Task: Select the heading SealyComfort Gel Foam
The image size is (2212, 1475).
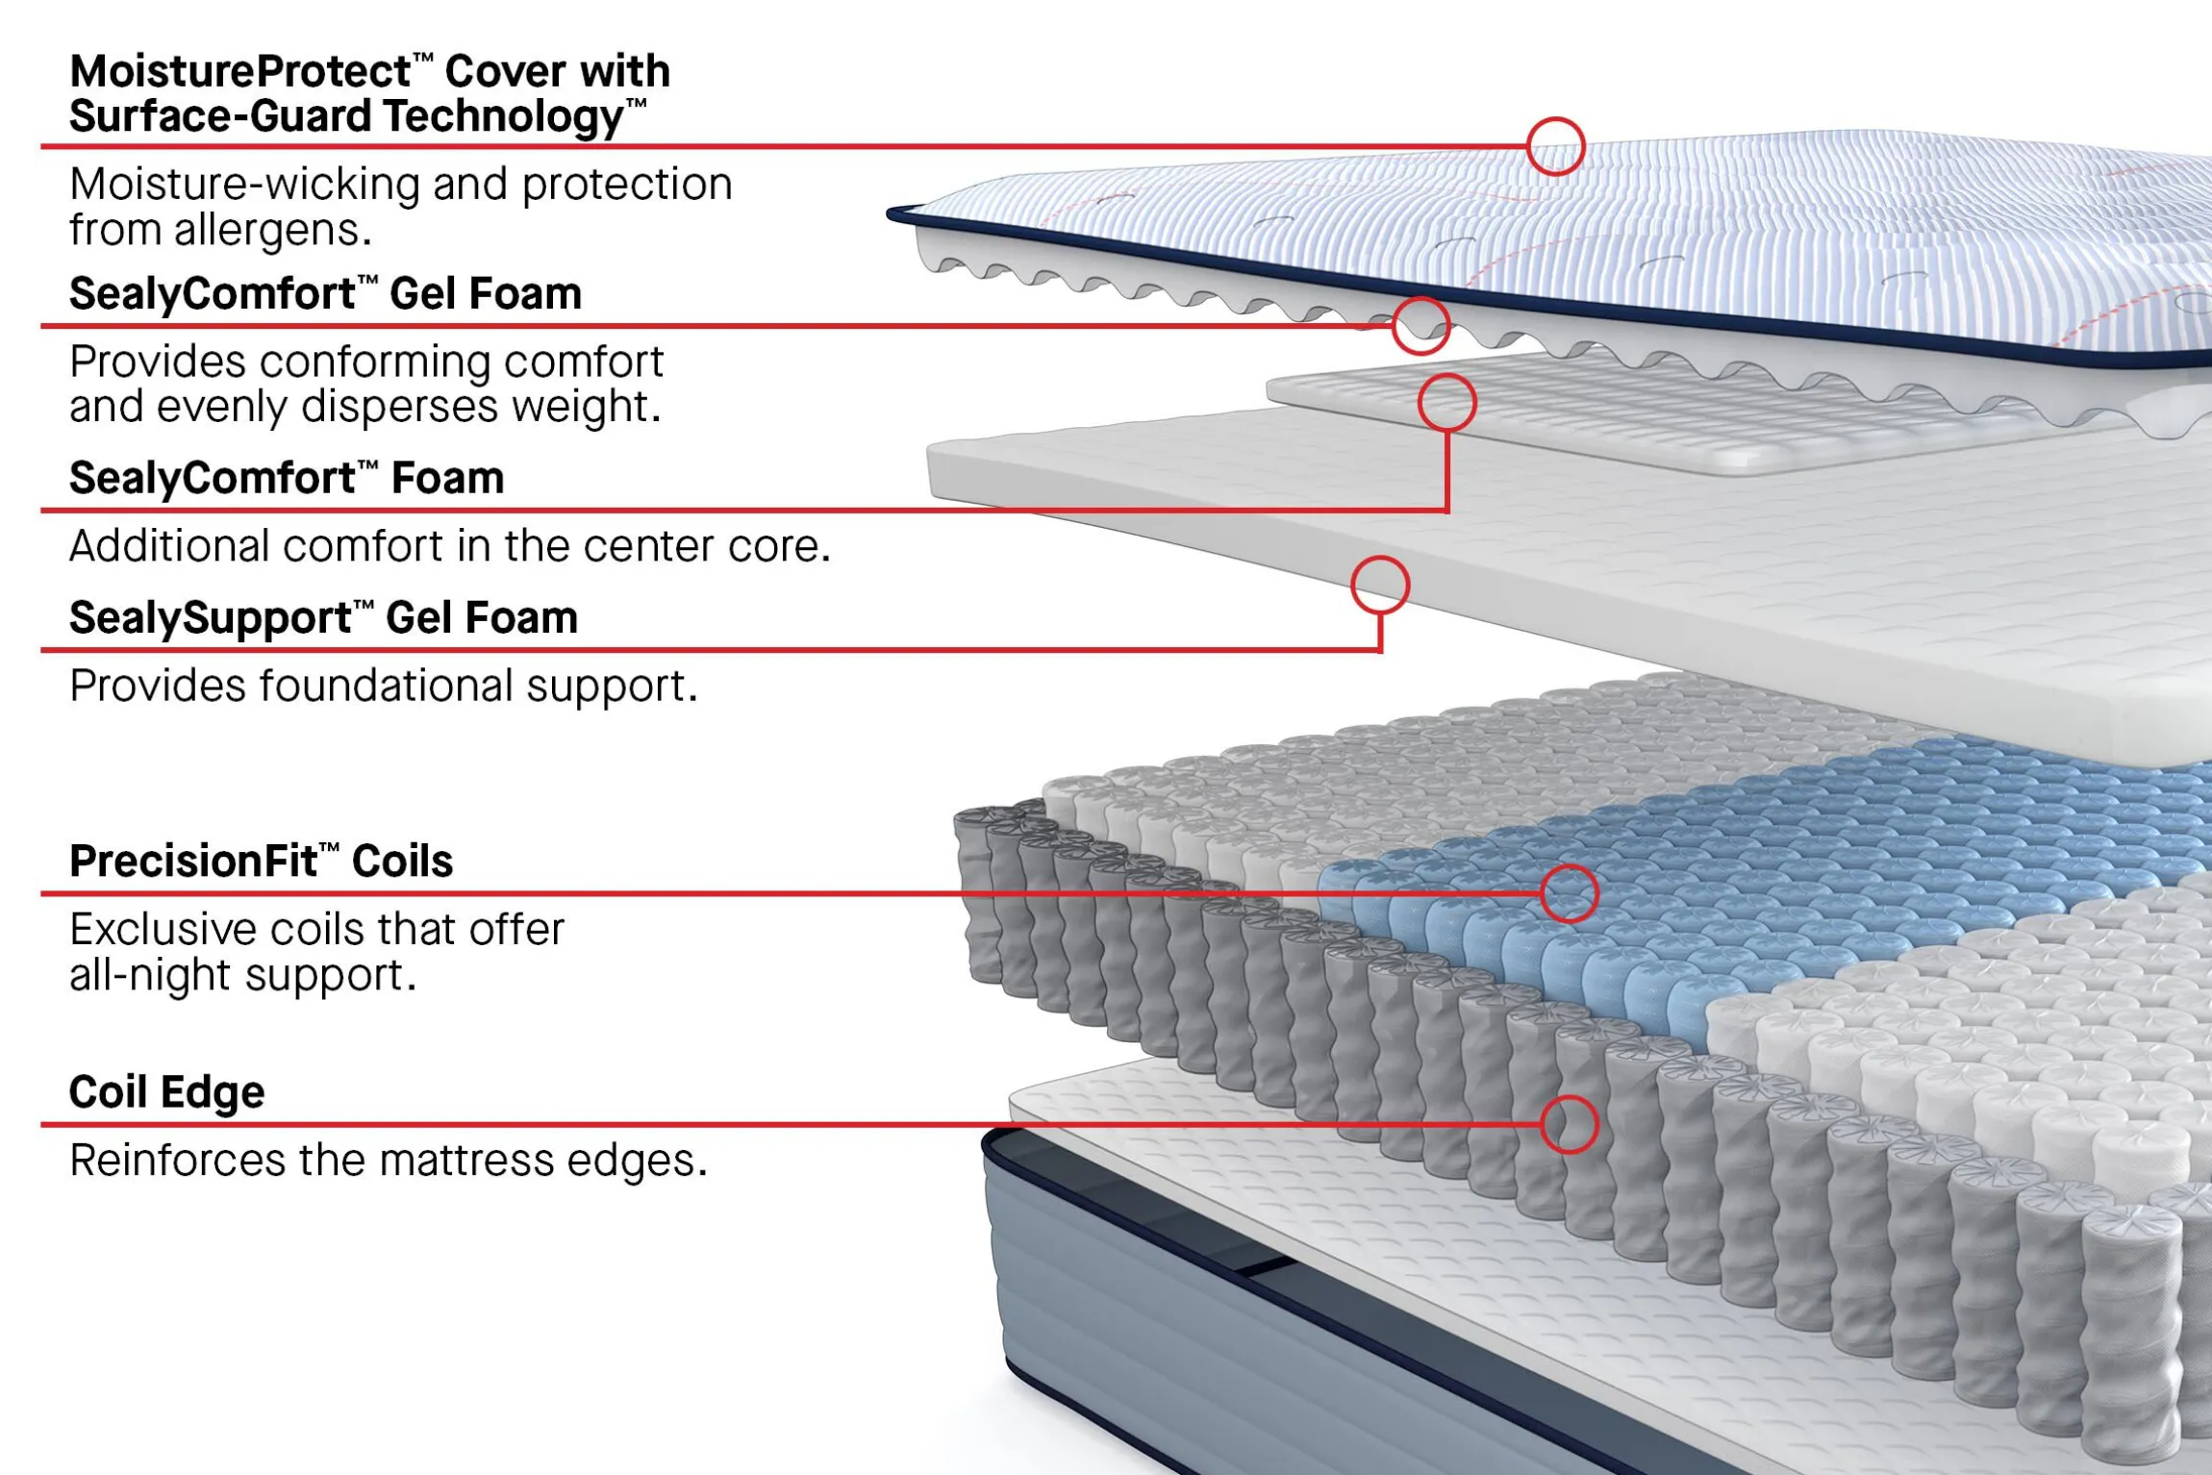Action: [x=325, y=293]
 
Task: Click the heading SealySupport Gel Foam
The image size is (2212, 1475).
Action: [x=323, y=617]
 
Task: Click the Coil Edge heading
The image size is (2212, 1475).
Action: [x=166, y=1091]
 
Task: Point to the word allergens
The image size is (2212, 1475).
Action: [x=272, y=230]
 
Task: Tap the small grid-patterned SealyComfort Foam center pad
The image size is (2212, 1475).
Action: [x=1635, y=418]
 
